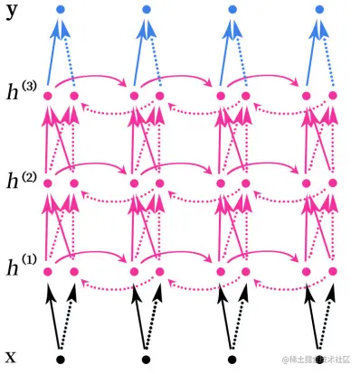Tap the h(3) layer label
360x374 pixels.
click(19, 90)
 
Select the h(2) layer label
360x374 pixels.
click(19, 180)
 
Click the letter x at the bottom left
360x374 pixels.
click(10, 355)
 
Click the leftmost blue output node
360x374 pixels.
click(60, 9)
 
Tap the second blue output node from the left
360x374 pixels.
click(147, 9)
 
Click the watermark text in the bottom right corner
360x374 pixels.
click(317, 360)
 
